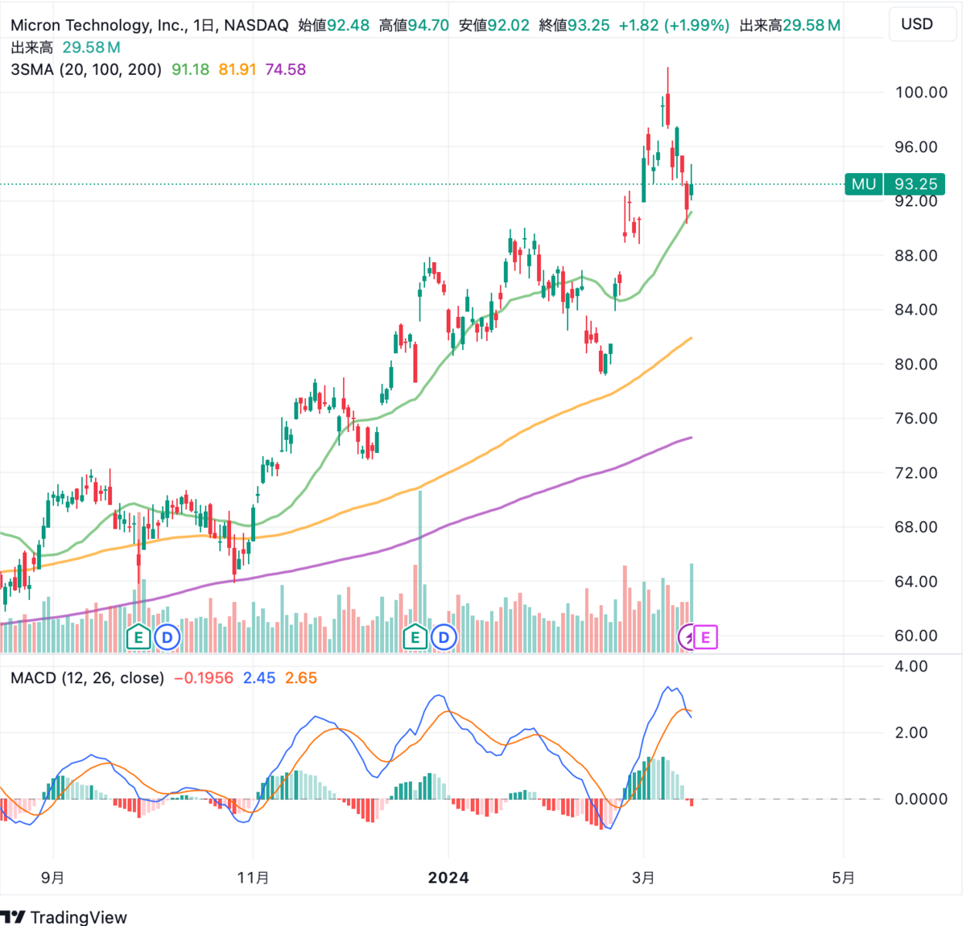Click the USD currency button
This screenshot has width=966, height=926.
click(917, 24)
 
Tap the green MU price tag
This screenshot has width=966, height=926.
click(864, 184)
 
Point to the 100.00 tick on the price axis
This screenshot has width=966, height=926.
click(921, 93)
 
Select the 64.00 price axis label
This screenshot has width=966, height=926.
click(916, 582)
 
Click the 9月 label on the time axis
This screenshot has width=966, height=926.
click(53, 878)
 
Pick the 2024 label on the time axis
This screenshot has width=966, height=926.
click(448, 878)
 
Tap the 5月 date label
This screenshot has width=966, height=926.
click(843, 878)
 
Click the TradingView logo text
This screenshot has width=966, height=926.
click(78, 917)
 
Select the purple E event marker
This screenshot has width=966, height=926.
click(706, 638)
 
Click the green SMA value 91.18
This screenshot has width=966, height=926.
click(190, 70)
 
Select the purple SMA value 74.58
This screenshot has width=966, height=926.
click(286, 70)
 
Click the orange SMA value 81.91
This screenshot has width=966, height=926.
click(237, 70)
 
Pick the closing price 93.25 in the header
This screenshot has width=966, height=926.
click(588, 26)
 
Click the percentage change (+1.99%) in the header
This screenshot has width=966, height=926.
click(696, 26)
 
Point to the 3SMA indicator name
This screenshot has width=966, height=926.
click(32, 70)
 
